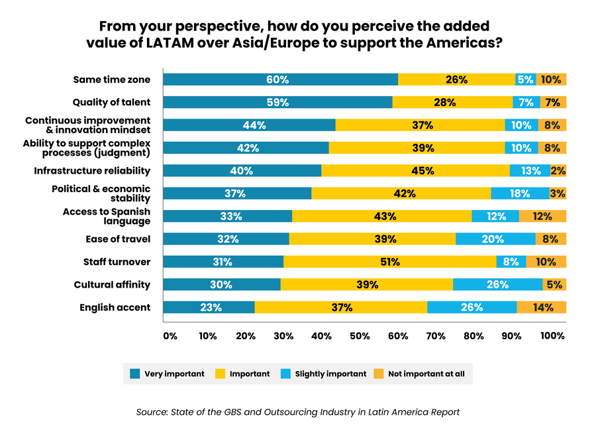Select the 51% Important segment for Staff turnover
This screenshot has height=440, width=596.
(390, 262)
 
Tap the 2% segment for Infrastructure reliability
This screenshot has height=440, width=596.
(558, 170)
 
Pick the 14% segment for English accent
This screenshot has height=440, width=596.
(542, 307)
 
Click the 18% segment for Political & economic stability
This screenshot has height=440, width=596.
(520, 193)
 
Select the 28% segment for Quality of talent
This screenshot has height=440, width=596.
(452, 102)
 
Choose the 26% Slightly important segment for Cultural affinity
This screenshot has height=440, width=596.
(497, 285)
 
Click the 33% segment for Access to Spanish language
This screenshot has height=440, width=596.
(228, 216)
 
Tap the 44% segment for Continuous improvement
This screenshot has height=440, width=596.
(249, 125)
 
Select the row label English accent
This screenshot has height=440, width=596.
(115, 307)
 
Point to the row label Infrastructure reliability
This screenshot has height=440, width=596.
(92, 171)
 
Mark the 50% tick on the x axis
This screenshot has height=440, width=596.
(359, 336)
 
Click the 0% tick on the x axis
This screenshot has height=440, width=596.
(170, 336)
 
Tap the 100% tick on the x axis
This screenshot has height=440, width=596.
(552, 336)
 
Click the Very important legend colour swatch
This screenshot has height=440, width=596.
(134, 374)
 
